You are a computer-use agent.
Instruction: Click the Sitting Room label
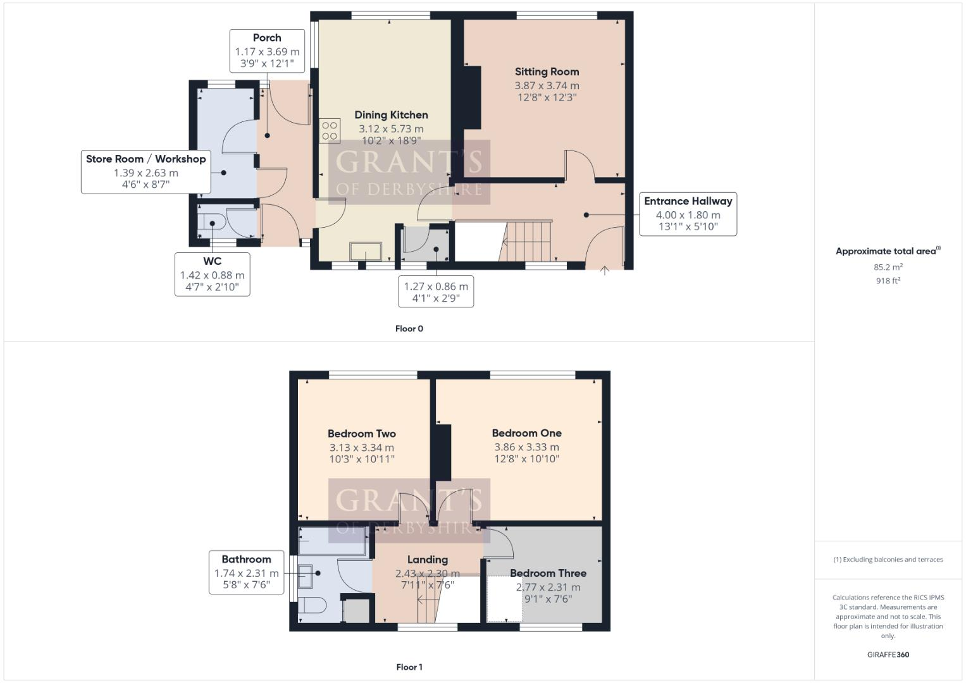(547, 71)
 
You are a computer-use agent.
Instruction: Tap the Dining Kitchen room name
(391, 114)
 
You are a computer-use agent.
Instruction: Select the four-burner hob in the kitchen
(330, 131)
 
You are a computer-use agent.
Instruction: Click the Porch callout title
(267, 38)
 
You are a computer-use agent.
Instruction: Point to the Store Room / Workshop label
(146, 159)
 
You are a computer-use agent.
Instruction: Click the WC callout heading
(212, 261)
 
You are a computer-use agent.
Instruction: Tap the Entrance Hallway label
(688, 201)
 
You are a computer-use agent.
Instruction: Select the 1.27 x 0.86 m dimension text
(436, 286)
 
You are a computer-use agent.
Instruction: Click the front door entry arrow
(604, 271)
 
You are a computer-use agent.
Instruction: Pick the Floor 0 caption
(409, 328)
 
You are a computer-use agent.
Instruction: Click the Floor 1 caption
(409, 667)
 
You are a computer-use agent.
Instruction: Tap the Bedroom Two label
(361, 433)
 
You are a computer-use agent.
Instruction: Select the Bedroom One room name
(526, 433)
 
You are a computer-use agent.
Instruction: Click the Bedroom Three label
(548, 573)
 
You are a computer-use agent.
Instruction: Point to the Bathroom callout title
(246, 559)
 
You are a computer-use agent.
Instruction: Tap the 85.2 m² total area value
(888, 267)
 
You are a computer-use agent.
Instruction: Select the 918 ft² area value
(888, 281)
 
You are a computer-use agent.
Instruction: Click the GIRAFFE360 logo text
(888, 655)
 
